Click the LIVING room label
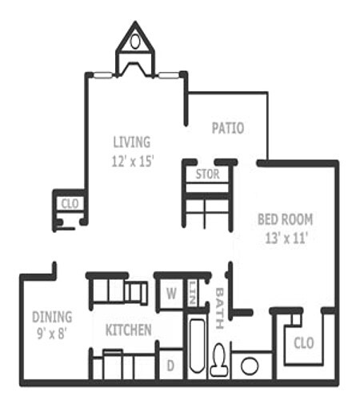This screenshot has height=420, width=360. pyautogui.click(x=131, y=142)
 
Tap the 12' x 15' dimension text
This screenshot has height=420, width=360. pyautogui.click(x=132, y=160)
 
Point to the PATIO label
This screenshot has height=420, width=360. pyautogui.click(x=227, y=128)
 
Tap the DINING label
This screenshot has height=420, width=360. pyautogui.click(x=52, y=316)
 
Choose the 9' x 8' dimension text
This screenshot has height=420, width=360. pyautogui.click(x=50, y=334)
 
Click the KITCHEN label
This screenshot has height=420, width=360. pyautogui.click(x=128, y=330)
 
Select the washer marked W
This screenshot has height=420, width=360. pyautogui.click(x=170, y=293)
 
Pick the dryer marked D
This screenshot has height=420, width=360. pyautogui.click(x=170, y=366)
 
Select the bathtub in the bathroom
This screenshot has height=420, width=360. pyautogui.click(x=196, y=346)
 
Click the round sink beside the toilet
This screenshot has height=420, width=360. pyautogui.click(x=250, y=366)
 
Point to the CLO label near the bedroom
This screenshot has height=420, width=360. pyautogui.click(x=303, y=346)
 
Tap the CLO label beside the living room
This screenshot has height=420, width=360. pyautogui.click(x=70, y=204)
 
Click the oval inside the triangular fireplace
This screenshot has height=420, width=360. pyautogui.click(x=135, y=40)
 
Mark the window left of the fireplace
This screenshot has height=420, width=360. pyautogui.click(x=103, y=75)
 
